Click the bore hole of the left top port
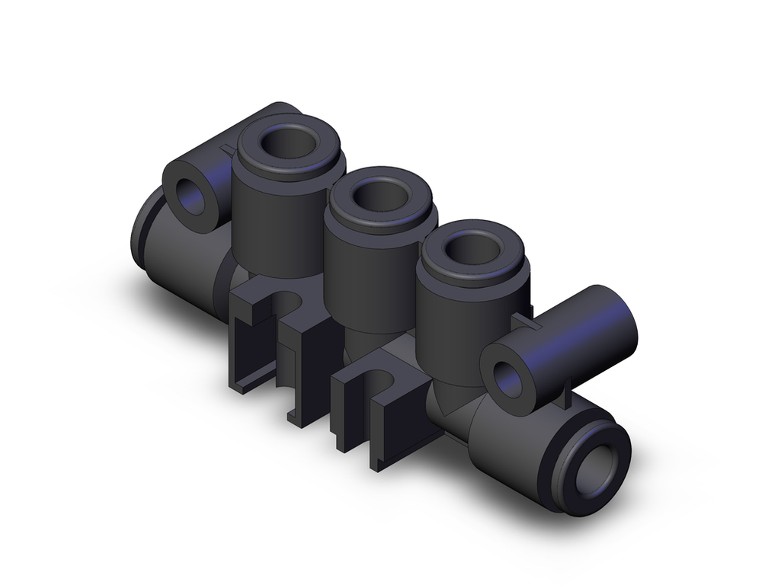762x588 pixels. tap(287, 142)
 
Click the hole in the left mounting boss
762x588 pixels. tap(190, 197)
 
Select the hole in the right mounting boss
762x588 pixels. tap(508, 379)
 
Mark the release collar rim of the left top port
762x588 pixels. tap(288, 166)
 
